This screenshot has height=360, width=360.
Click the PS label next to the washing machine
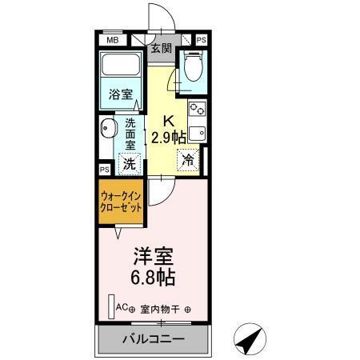point(105,170)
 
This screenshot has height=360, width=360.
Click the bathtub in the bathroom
point(121,66)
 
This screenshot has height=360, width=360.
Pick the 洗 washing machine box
point(129,165)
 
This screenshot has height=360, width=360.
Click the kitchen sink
point(197,132)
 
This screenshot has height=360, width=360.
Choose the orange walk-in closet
point(122,201)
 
